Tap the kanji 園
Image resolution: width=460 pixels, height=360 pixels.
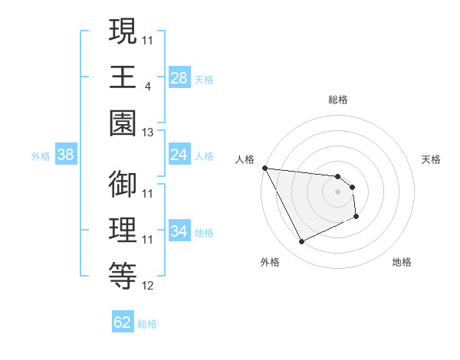click(x=123, y=122)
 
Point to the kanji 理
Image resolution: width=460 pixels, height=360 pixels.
click(x=123, y=230)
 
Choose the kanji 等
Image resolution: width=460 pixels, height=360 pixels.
click(x=123, y=275)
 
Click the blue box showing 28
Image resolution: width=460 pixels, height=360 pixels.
click(x=179, y=77)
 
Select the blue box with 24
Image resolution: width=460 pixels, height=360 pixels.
click(x=179, y=155)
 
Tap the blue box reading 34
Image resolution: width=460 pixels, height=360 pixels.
click(x=179, y=231)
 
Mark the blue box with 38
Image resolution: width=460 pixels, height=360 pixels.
click(x=66, y=155)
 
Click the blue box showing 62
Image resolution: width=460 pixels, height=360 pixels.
click(x=123, y=322)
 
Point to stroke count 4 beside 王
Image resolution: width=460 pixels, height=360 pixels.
click(x=147, y=87)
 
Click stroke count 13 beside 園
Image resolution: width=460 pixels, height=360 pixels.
click(x=148, y=133)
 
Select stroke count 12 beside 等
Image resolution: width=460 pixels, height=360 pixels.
click(x=148, y=286)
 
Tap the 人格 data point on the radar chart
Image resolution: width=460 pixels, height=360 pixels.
click(x=264, y=168)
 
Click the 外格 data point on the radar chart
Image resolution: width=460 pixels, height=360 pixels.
click(x=301, y=242)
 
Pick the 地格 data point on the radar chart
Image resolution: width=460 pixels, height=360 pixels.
click(x=356, y=218)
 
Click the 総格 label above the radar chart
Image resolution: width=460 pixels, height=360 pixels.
click(x=338, y=100)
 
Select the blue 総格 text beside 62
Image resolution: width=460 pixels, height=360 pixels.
click(x=147, y=324)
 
